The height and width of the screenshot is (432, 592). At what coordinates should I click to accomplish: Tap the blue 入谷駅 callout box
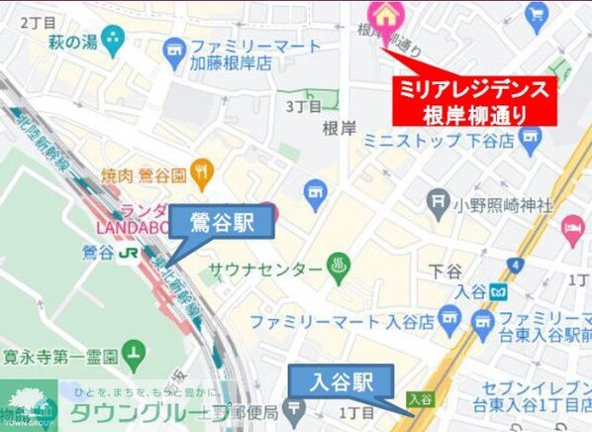tap(341, 380)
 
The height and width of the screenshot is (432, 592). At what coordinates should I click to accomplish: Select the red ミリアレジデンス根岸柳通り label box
tap(474, 100)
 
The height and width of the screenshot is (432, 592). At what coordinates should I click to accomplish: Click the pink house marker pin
tap(382, 14)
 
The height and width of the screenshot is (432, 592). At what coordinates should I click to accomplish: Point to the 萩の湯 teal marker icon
tap(113, 40)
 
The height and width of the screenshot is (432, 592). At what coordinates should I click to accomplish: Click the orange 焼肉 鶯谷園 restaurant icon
tap(203, 172)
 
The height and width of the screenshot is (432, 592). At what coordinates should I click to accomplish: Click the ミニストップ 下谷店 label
tap(437, 140)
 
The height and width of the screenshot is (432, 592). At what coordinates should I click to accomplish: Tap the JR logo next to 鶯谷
tap(128, 253)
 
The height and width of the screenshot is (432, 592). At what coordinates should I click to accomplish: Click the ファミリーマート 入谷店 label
tap(342, 322)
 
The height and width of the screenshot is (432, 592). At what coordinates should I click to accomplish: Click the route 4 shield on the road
tap(515, 265)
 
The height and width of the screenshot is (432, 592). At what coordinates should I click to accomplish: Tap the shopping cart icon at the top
tap(538, 13)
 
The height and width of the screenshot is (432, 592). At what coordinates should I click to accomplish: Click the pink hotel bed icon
tap(573, 229)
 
